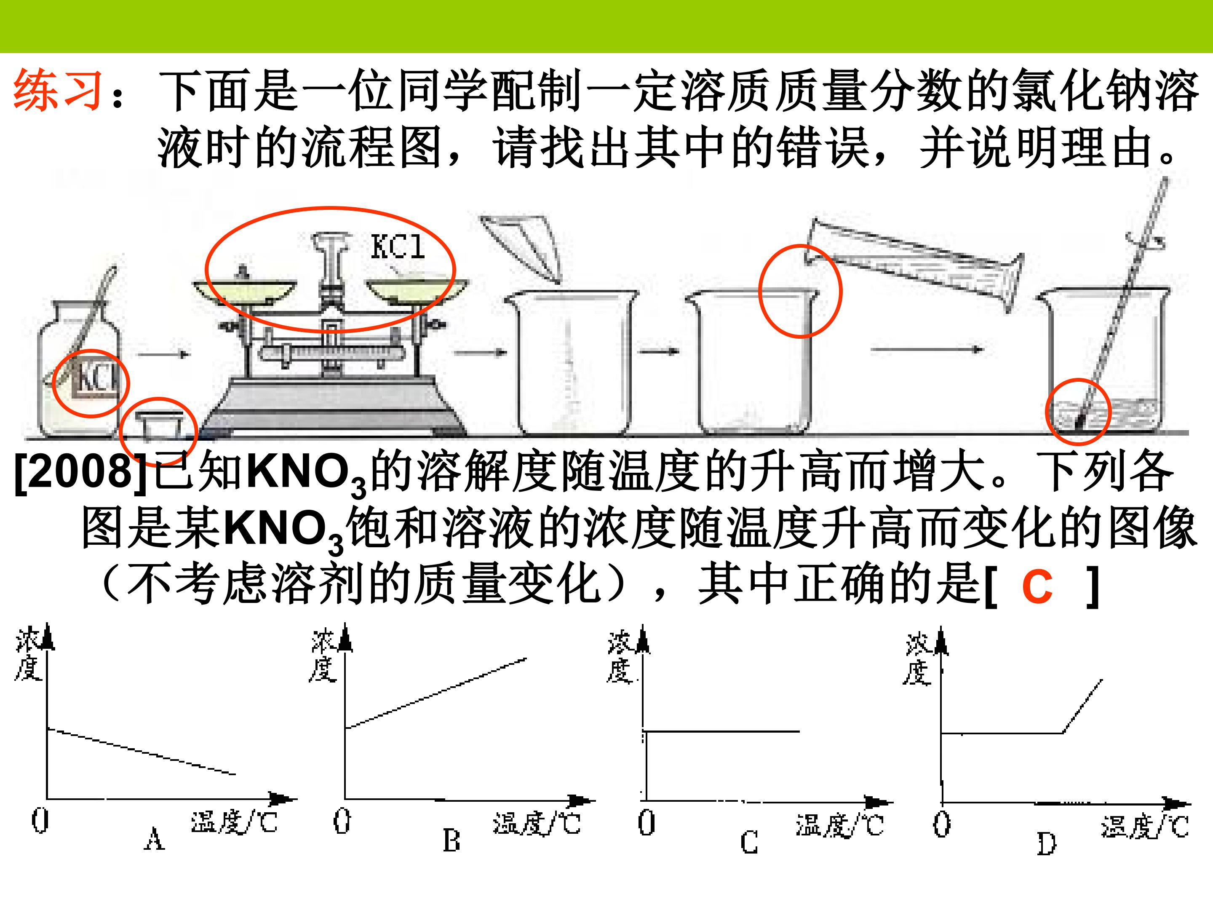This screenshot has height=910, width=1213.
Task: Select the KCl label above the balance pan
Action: [x=398, y=247]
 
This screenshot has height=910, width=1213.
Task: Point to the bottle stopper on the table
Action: [x=159, y=425]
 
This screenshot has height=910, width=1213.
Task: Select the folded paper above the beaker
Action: [x=521, y=247]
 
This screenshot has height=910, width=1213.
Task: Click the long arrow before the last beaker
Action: [x=927, y=349]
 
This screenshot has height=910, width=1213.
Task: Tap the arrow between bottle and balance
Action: [x=163, y=354]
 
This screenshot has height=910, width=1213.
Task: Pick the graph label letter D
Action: [x=1046, y=843]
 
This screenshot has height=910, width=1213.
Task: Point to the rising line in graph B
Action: [x=436, y=693]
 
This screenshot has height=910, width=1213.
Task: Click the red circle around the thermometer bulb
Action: [x=1078, y=411]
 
